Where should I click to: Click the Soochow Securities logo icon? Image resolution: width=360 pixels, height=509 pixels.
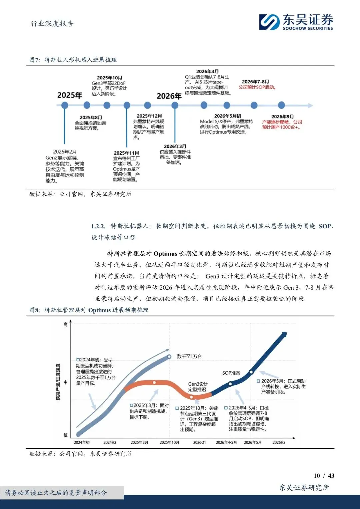tap(269, 22)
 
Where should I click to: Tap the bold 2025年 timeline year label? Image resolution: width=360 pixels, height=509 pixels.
tap(70, 95)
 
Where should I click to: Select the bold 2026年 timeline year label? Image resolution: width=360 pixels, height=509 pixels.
tap(169, 96)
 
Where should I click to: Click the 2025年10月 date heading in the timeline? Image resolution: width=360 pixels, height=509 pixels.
tap(110, 78)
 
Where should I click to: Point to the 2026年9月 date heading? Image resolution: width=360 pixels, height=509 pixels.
tap(283, 117)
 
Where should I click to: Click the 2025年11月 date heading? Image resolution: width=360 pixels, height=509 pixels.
tap(126, 153)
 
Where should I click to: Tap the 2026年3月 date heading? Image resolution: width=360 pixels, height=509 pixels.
tap(175, 146)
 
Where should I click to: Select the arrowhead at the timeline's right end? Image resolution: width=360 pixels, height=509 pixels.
tap(310, 105)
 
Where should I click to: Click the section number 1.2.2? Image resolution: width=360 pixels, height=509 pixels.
tap(98, 226)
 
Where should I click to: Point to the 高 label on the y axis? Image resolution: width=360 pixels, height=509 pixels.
tap(65, 324)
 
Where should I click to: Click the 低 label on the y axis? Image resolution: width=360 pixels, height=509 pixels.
tap(65, 435)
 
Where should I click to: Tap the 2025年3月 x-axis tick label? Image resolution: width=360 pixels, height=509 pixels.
tap(139, 442)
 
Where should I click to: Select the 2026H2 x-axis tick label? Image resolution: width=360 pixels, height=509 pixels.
tap(279, 442)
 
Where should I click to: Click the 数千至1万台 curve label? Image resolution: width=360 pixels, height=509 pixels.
tap(189, 357)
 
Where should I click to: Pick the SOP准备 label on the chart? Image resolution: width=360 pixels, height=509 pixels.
tap(231, 373)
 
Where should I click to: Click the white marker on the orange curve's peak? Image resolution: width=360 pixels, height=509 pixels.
tap(154, 383)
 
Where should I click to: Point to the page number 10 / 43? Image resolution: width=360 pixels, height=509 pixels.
tap(324, 476)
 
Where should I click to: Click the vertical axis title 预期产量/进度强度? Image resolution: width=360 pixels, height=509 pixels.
tap(58, 382)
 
